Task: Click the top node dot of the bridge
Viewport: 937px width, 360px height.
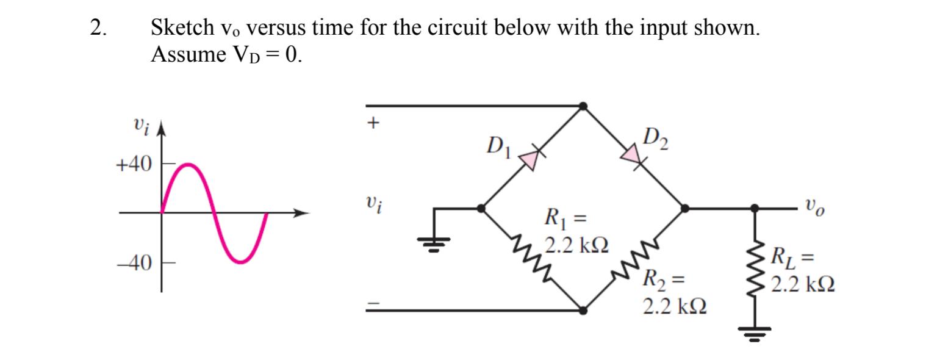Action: tap(583, 106)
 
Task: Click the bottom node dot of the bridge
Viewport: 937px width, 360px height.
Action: tap(583, 310)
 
